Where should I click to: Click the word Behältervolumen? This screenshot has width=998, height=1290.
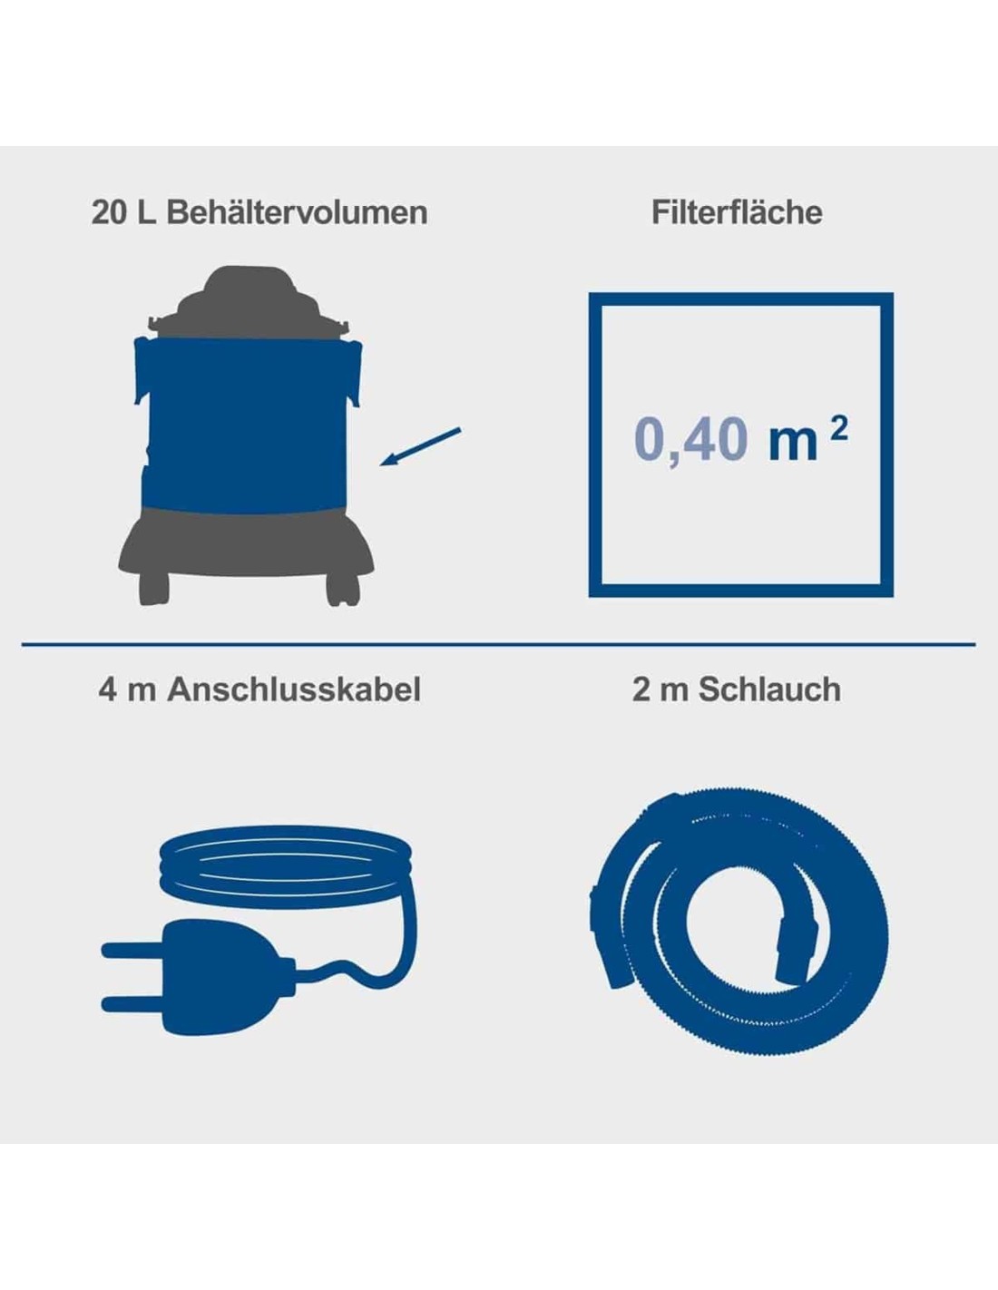[297, 212]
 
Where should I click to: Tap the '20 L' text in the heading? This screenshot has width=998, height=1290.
[123, 212]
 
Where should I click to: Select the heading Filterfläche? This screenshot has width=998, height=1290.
[737, 212]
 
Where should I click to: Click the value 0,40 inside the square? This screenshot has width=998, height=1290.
[690, 440]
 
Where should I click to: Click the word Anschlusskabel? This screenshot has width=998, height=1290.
[294, 689]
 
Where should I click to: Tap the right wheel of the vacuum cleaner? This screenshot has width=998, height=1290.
[343, 588]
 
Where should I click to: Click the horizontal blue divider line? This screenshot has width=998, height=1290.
[499, 644]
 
